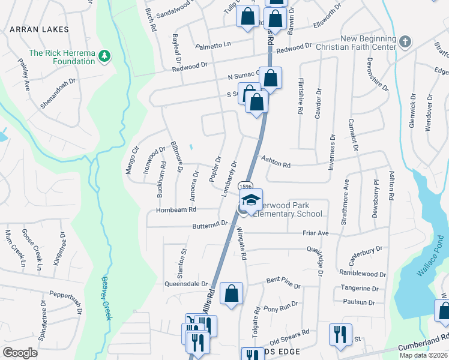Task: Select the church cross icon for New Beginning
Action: tap(405, 43)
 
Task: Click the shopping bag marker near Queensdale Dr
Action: tap(231, 294)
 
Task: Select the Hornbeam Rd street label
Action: tap(176, 209)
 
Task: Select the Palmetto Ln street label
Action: tap(213, 45)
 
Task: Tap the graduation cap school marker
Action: tap(252, 200)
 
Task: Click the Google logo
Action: tap(20, 352)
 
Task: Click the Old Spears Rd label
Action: tap(289, 332)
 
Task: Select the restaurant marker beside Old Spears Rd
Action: tap(340, 334)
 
